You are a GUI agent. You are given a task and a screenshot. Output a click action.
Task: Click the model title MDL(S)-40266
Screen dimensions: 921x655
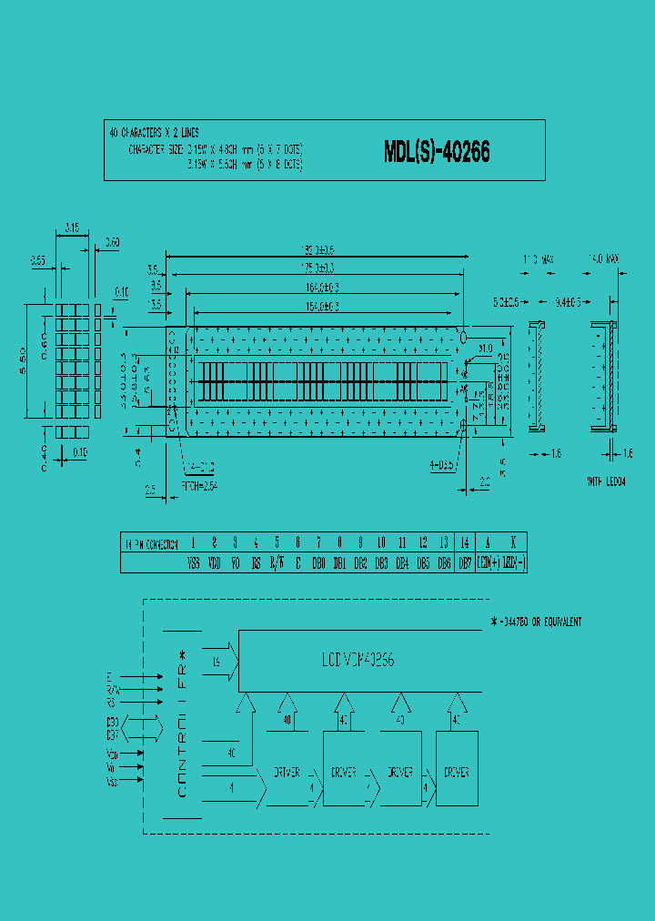coord(437,152)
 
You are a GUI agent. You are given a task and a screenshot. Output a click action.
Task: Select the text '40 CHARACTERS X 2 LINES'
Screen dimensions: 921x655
coord(154,133)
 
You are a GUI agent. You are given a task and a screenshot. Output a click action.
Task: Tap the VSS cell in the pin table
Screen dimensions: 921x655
coord(193,564)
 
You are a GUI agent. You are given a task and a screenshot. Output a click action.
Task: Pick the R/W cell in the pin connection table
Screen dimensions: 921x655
coord(277,564)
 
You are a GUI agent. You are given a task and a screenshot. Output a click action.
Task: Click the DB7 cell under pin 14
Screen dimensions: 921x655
coord(465,564)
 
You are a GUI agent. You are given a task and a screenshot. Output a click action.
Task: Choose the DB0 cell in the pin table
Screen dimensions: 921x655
coord(317,564)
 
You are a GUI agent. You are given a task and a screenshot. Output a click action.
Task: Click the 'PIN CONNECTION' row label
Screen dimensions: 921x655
coord(151,542)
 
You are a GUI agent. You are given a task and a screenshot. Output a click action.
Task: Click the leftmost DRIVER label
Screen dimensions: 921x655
coord(287,773)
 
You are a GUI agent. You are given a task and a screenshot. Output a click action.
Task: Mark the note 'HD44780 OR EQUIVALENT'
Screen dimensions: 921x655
coord(536,622)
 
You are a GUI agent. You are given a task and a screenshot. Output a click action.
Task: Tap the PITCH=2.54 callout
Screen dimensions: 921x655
coord(199,486)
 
